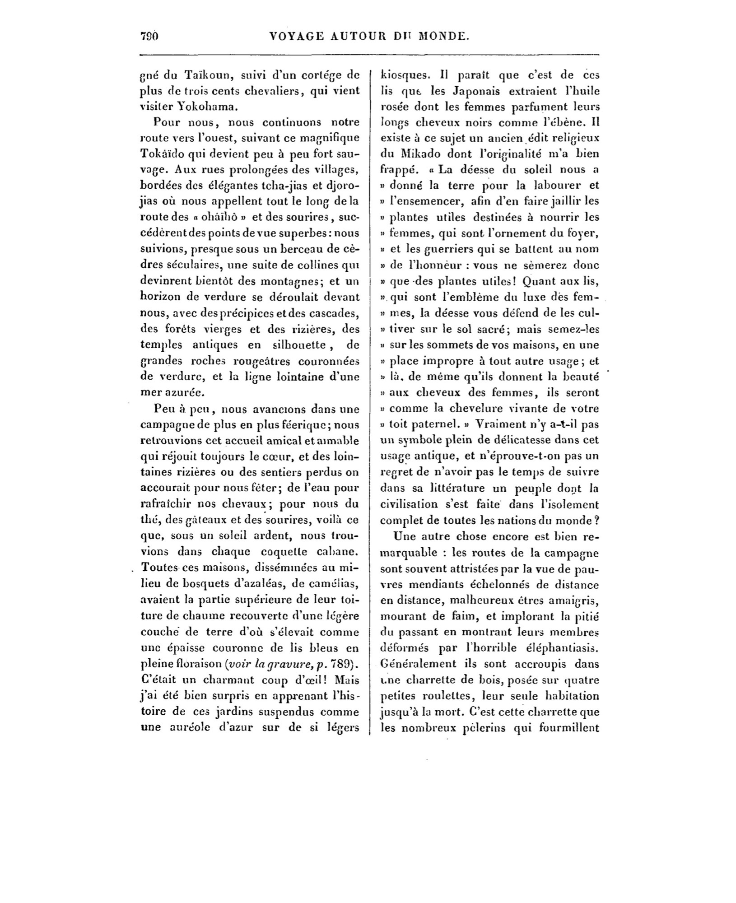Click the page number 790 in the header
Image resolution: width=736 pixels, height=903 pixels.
coord(149,36)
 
